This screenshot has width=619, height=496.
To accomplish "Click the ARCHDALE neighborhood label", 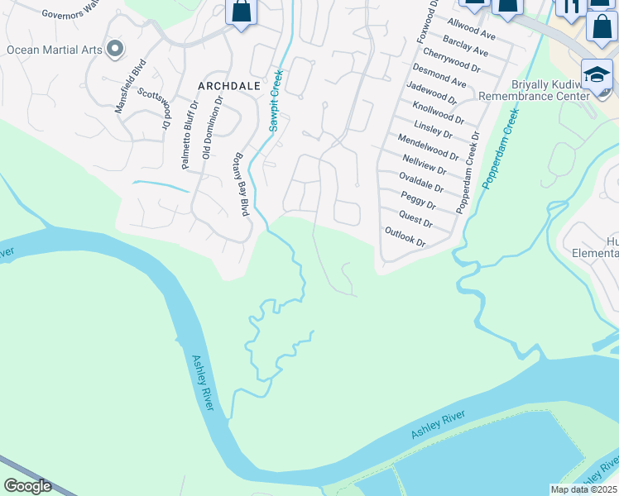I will coord(228,85).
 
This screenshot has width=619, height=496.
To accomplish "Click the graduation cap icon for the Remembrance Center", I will coord(597,75).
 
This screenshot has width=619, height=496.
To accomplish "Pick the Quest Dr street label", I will coord(415,219).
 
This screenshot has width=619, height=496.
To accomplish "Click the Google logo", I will coord(27,486).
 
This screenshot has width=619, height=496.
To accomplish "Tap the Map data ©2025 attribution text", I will coord(583,489).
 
